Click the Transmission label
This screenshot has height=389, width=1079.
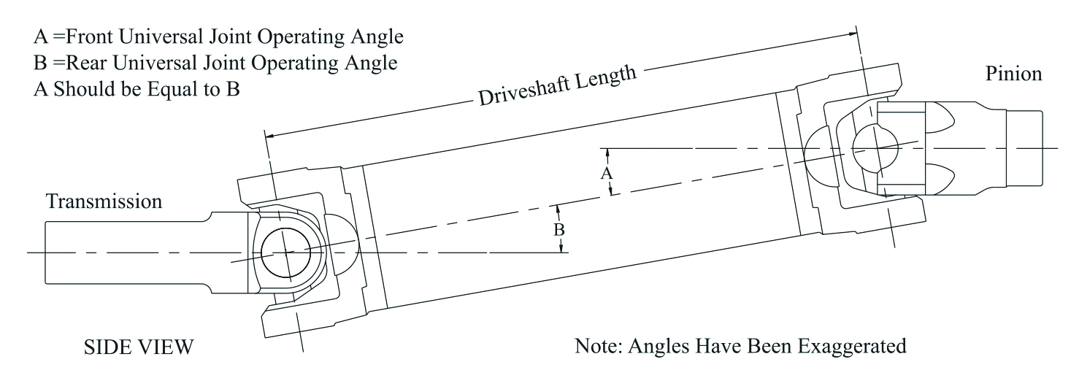point(104,201)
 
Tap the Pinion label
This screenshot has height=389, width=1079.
point(1013,74)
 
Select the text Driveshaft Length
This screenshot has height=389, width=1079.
point(557,85)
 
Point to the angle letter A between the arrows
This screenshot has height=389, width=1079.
point(607,173)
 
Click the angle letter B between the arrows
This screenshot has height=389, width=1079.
point(558,230)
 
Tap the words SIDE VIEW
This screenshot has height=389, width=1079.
point(139,347)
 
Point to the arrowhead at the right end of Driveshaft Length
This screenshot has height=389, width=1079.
point(852,34)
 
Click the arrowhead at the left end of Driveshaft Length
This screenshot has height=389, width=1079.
point(271,136)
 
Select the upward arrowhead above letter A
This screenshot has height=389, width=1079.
point(607,153)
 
